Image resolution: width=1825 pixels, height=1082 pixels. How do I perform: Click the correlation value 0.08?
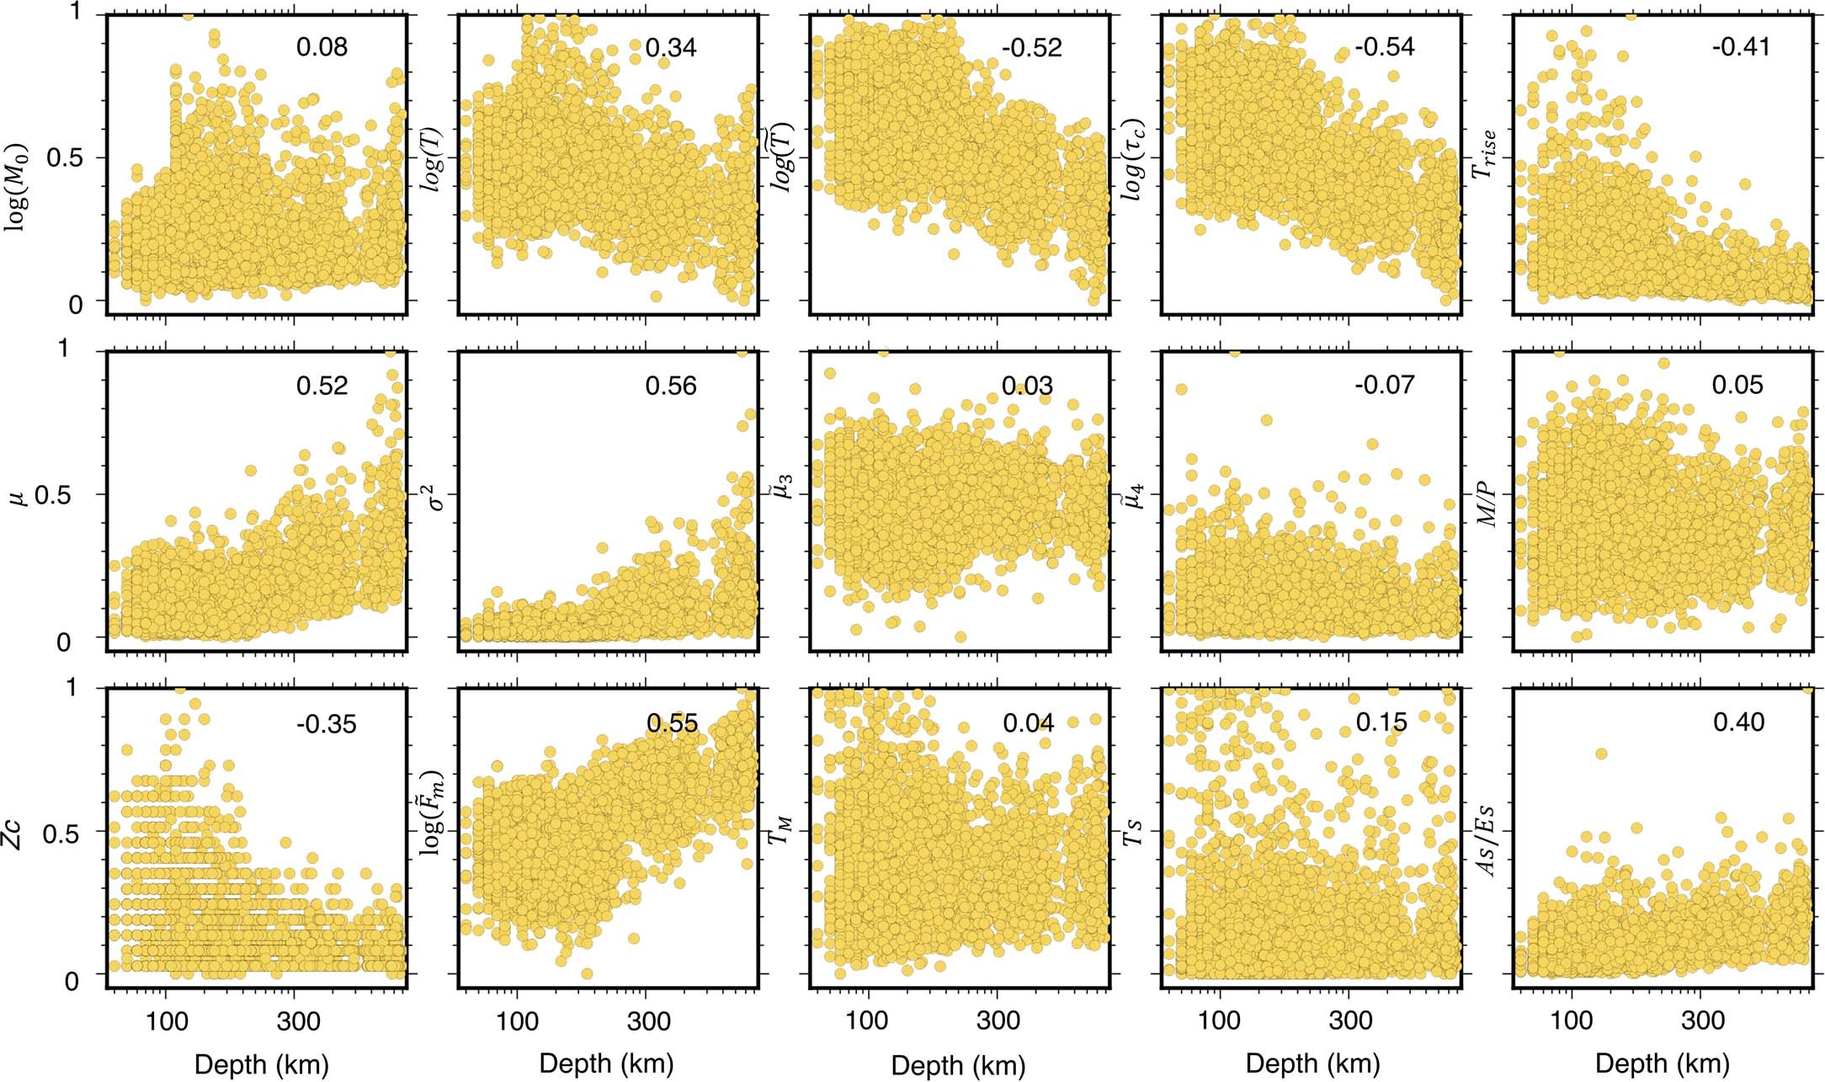pos(322,47)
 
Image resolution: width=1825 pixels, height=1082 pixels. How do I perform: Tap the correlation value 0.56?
pos(671,386)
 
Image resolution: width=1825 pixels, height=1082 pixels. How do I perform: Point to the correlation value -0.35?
pos(326,723)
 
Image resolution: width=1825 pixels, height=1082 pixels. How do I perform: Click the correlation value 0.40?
pos(1738,722)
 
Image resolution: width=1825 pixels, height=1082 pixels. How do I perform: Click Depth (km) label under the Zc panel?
pos(261,1064)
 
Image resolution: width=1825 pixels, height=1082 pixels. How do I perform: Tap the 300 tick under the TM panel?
pos(998,1021)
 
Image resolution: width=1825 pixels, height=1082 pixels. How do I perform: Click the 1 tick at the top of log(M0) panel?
pos(77,13)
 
